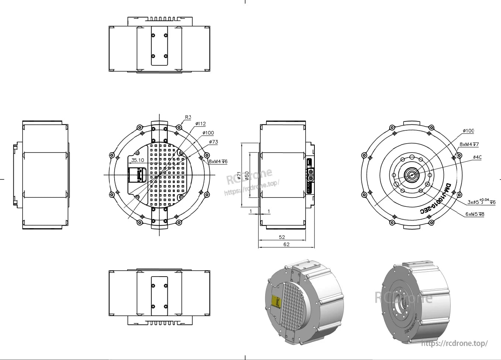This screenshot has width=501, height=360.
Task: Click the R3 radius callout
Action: point(188,117)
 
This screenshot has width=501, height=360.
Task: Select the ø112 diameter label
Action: point(200,124)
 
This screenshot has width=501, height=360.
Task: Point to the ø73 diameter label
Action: point(213,142)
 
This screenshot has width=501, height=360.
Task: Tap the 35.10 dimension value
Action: point(137,160)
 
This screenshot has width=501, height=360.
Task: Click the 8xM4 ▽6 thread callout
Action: point(218,161)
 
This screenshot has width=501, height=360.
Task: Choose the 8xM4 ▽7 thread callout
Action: point(469,144)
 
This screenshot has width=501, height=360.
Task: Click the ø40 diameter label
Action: point(477,157)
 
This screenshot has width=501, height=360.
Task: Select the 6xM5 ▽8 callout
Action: point(475,214)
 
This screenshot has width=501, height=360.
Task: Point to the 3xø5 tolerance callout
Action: point(481,202)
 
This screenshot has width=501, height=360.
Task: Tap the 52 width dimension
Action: point(282,237)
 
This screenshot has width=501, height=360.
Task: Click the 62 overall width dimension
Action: point(286,244)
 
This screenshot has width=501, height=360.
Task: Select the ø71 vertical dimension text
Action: point(239,175)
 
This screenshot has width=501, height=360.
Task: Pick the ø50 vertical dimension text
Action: point(247,176)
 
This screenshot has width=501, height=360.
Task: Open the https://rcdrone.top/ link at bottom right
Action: point(454,343)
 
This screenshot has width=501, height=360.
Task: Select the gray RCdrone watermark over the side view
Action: point(250,176)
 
